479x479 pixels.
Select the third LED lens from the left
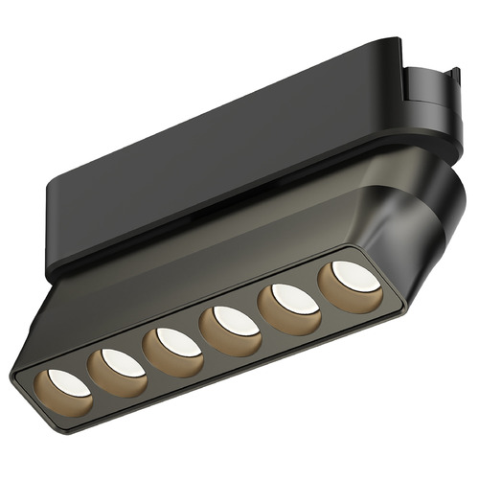(x=178, y=340)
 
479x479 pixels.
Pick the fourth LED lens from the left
(x=233, y=319)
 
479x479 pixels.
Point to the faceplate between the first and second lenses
(x=92, y=379)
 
